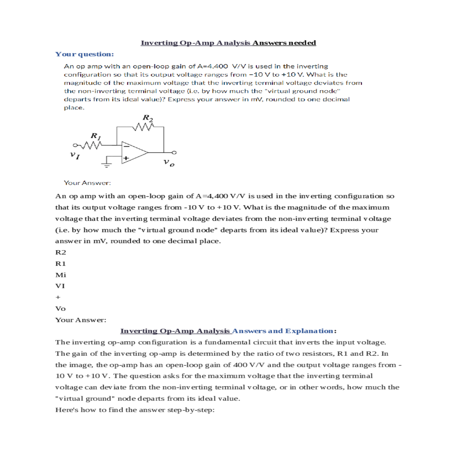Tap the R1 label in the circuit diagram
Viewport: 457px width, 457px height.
[x=96, y=136]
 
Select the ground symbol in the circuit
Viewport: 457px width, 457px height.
[x=107, y=165]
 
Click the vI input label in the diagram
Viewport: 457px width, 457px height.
[x=75, y=155]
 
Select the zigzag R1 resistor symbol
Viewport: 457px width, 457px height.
[x=91, y=145]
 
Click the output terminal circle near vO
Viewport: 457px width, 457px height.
[x=174, y=152]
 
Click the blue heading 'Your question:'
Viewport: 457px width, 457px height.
[x=85, y=54]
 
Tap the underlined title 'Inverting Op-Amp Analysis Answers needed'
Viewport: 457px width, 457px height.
[x=228, y=43]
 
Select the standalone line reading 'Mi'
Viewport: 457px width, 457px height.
[x=61, y=275]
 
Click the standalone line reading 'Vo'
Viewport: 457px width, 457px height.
[x=61, y=308]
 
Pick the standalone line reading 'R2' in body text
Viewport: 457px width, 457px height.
[x=61, y=252]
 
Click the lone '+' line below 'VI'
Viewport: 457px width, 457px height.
[x=58, y=297]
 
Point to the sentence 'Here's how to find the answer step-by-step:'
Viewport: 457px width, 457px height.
[x=135, y=410]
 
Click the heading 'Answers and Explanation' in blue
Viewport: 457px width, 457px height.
[x=284, y=331]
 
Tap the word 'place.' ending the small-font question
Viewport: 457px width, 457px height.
[x=74, y=107]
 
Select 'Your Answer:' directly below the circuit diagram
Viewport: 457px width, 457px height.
[x=87, y=183]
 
